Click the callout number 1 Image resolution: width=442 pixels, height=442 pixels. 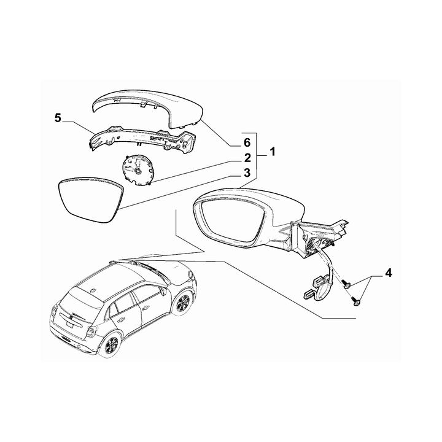[273, 152]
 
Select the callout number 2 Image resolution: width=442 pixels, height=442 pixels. [247, 158]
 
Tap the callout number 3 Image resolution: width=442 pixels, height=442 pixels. [247, 173]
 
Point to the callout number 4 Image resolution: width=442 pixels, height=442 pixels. [389, 273]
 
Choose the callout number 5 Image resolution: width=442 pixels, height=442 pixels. [58, 118]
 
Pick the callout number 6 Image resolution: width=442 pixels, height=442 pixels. [247, 143]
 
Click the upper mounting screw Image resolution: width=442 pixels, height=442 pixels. [345, 284]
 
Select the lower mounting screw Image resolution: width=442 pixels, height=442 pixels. [355, 300]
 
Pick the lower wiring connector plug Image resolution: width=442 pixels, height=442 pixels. [308, 294]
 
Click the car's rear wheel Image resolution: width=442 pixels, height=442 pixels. [110, 344]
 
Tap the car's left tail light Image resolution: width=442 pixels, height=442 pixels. [54, 312]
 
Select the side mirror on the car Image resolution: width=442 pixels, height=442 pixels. [164, 291]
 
